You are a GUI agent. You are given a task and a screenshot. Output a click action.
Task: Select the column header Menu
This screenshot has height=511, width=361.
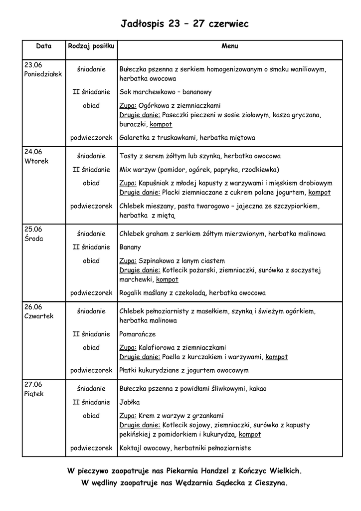pyautogui.click(x=229, y=46)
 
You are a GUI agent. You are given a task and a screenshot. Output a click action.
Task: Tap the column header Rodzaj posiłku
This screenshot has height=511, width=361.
pyautogui.click(x=91, y=46)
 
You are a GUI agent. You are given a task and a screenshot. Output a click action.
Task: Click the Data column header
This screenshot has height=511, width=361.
pyautogui.click(x=44, y=46)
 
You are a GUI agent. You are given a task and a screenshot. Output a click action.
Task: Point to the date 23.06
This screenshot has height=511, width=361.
pyautogui.click(x=33, y=65)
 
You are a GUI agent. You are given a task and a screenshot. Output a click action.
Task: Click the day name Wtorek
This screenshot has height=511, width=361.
pyautogui.click(x=36, y=161)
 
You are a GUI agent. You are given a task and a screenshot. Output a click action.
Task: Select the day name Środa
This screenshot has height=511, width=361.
pyautogui.click(x=34, y=239)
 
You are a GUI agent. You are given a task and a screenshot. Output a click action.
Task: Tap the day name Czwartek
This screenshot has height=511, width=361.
pyautogui.click(x=38, y=316)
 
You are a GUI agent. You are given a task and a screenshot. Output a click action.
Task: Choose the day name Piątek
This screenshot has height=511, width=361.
pyautogui.click(x=34, y=394)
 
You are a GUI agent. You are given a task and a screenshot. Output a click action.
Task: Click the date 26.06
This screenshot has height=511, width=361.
pyautogui.click(x=33, y=307)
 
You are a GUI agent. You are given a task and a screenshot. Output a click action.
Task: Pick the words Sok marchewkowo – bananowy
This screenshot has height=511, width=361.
pyautogui.click(x=166, y=92)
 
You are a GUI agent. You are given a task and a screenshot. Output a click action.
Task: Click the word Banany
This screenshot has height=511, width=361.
pyautogui.click(x=130, y=247)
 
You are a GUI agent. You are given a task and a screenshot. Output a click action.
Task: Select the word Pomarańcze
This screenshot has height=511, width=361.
pyautogui.click(x=138, y=334)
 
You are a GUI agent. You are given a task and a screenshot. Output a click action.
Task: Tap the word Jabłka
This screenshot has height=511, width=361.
pyautogui.click(x=130, y=402)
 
